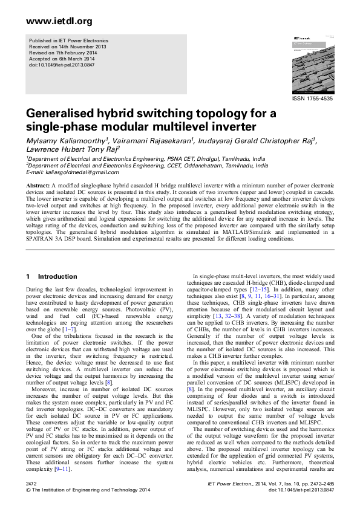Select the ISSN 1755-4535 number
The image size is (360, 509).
312,98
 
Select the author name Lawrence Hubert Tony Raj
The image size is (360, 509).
72,150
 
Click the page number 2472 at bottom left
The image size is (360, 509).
33,485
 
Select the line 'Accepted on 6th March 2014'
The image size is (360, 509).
62,58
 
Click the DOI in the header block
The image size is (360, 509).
58,63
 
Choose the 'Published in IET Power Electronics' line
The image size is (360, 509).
68,42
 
